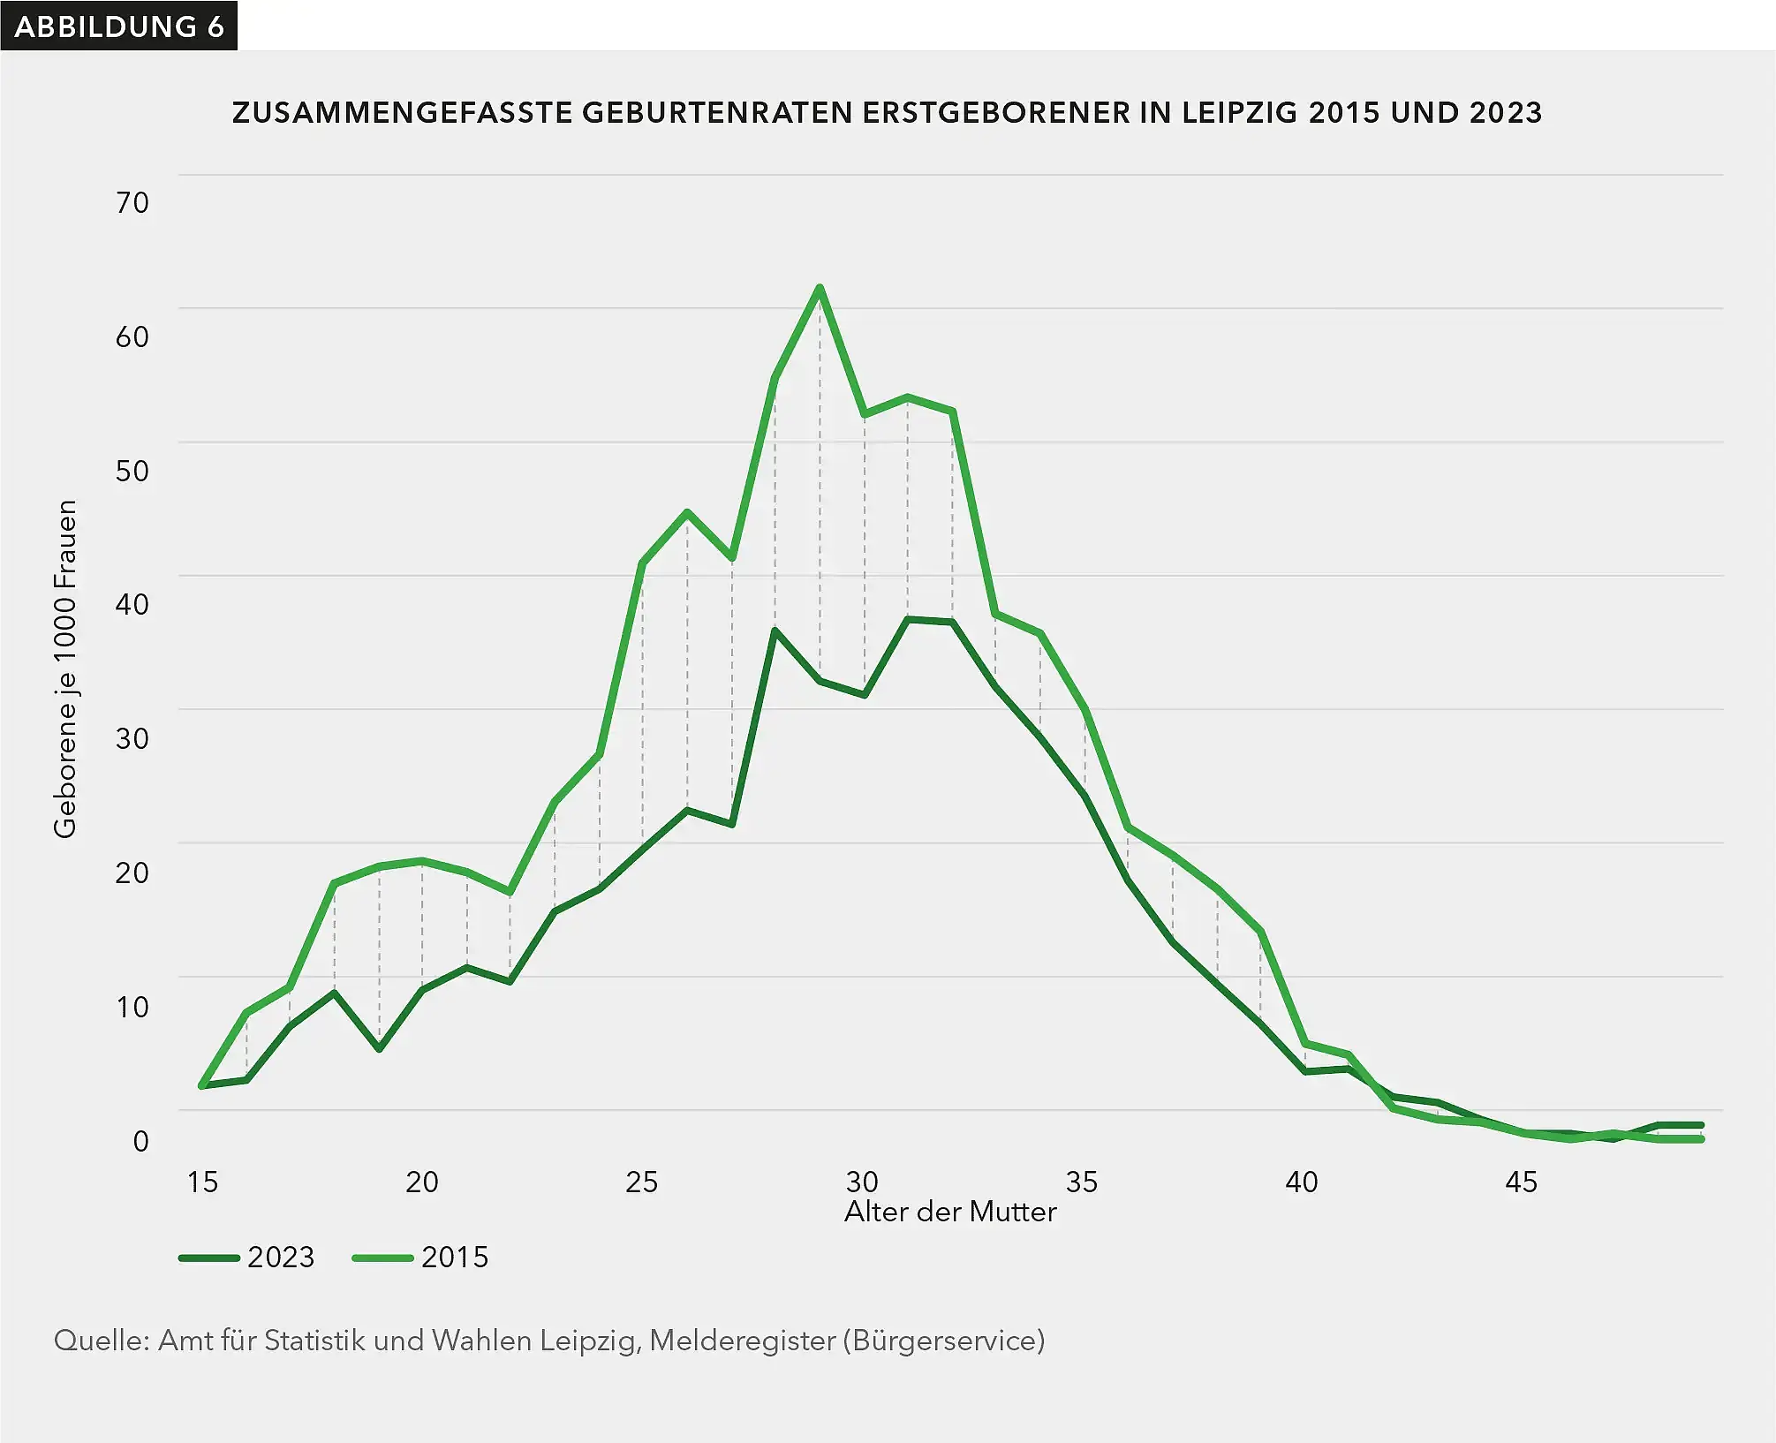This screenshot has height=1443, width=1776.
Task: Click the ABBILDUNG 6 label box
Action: click(118, 26)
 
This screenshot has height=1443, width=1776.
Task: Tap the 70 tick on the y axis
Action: click(132, 203)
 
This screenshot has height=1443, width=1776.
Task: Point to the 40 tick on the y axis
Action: click(132, 604)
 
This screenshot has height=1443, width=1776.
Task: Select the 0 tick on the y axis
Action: click(140, 1140)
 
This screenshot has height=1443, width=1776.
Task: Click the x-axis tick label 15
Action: click(202, 1182)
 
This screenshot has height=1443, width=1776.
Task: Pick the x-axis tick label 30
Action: click(862, 1182)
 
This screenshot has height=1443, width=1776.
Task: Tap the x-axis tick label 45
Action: click(1521, 1182)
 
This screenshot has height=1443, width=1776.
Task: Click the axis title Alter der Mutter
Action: click(950, 1212)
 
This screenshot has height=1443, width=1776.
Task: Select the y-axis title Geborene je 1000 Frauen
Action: click(65, 669)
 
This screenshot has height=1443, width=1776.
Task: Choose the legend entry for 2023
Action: click(247, 1257)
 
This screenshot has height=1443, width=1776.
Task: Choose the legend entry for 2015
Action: click(420, 1257)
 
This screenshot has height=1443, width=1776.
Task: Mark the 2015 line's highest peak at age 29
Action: click(820, 288)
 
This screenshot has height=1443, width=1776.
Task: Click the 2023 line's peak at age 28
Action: click(775, 631)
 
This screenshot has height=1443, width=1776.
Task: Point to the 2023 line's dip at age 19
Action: click(379, 1048)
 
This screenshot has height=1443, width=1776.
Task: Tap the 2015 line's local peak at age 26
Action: click(687, 512)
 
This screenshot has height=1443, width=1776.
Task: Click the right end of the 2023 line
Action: click(1700, 1125)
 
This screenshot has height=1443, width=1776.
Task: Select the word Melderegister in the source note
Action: click(742, 1341)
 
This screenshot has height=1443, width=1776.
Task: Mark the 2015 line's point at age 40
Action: click(1304, 1044)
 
